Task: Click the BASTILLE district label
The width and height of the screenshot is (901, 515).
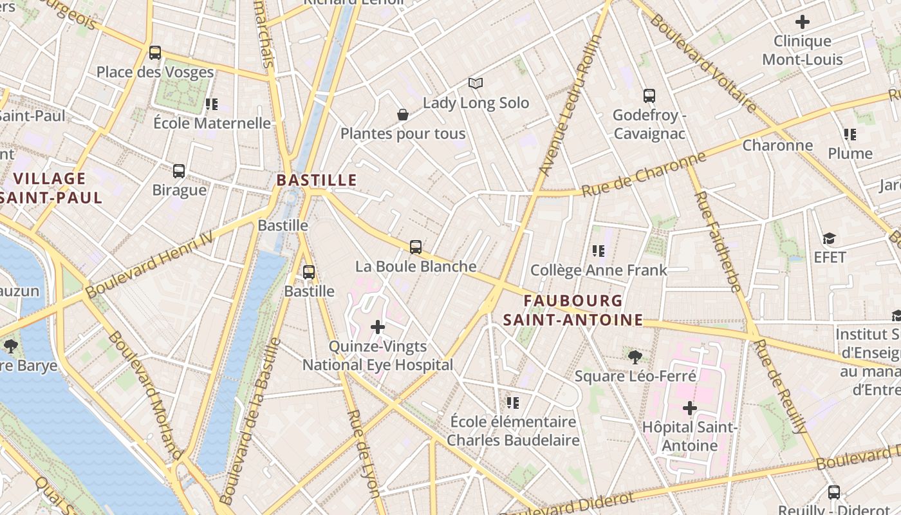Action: (x=316, y=180)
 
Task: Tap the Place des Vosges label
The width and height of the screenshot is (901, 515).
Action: (x=154, y=72)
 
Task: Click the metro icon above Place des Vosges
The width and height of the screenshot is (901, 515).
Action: (x=154, y=53)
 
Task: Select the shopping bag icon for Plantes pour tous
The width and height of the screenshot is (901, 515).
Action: (x=403, y=115)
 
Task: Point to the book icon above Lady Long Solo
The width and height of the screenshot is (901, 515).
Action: (x=476, y=83)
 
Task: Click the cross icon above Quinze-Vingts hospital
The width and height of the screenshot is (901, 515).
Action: (x=378, y=327)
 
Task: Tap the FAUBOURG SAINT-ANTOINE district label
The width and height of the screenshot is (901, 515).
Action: (x=573, y=310)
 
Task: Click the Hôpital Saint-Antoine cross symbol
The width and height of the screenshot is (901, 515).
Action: (x=690, y=408)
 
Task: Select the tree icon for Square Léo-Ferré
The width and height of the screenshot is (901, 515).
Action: (x=635, y=356)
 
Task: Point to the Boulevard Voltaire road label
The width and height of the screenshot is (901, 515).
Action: (x=703, y=62)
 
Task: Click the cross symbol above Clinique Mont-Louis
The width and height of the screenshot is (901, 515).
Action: (x=803, y=22)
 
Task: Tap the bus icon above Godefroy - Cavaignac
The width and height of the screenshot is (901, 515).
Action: (x=649, y=96)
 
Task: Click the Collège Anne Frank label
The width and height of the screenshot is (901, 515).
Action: (x=599, y=270)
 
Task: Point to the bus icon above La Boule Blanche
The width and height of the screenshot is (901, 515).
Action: (x=416, y=247)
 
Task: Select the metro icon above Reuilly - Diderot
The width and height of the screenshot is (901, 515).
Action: (x=834, y=492)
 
